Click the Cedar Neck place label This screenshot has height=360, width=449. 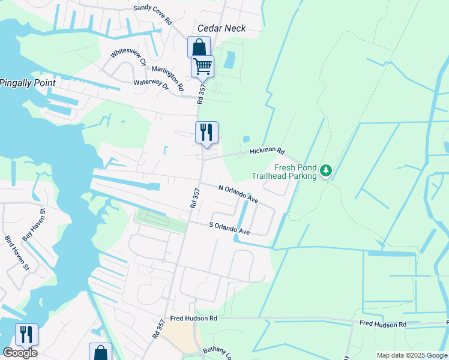click(223, 28)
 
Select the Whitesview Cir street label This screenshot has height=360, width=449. click(128, 53)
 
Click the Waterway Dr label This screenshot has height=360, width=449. click(151, 84)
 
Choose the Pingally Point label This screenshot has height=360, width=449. click(28, 82)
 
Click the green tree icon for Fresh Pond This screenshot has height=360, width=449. click(325, 171)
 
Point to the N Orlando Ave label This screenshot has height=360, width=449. click(238, 194)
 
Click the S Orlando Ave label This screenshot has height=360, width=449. click(229, 228)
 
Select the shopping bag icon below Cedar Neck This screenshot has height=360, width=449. click(199, 47)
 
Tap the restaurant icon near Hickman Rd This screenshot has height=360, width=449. click(206, 132)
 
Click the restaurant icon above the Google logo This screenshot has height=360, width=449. click(26, 334)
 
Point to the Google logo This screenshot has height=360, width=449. click(20, 353)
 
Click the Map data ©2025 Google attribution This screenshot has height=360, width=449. click(412, 355)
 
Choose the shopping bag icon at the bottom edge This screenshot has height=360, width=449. click(100, 352)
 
